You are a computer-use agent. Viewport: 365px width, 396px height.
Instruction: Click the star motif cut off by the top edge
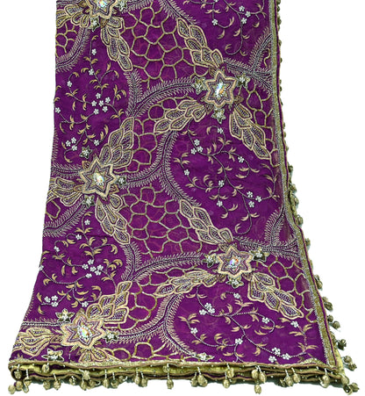104,7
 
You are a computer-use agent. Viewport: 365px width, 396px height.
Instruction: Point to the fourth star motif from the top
233,261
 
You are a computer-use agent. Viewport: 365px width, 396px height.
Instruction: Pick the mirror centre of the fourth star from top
233,261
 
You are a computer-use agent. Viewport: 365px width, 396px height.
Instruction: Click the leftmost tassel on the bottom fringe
13,385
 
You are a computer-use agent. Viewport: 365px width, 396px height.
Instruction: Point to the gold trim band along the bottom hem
175,362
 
